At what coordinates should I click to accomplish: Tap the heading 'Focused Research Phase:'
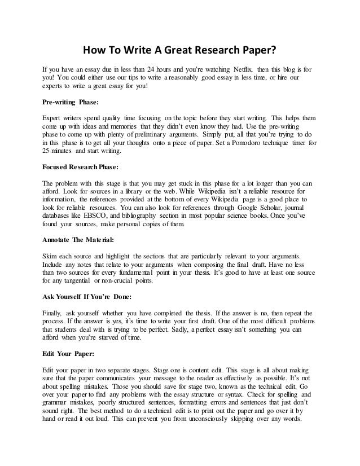click(78, 168)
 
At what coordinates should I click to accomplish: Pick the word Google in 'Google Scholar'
click(260, 206)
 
